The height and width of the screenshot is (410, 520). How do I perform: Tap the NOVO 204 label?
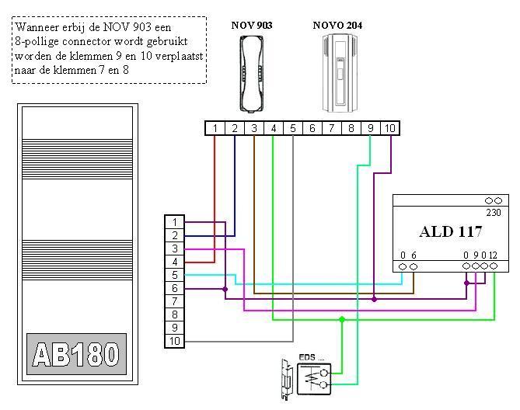tap(337, 26)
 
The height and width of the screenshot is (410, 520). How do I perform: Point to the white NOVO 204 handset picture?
tap(338, 71)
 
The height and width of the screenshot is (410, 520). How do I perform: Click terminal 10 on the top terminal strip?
tap(389, 128)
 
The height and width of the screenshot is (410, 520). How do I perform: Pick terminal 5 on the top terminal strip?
tap(292, 128)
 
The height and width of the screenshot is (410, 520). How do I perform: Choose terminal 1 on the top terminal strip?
tap(215, 128)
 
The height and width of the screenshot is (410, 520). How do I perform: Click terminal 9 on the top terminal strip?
tap(370, 128)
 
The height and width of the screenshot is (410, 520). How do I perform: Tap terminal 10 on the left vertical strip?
tap(175, 341)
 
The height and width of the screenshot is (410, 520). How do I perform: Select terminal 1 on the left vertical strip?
tap(175, 222)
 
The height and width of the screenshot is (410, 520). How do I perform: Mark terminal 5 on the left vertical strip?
tap(175, 275)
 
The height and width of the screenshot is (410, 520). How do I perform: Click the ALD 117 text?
tap(451, 231)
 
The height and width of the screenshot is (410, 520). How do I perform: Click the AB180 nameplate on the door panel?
tap(76, 355)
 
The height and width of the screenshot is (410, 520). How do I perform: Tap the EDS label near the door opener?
tap(310, 358)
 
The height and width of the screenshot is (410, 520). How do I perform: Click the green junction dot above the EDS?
tap(341, 318)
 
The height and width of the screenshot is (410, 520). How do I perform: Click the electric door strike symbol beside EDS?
tap(286, 380)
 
